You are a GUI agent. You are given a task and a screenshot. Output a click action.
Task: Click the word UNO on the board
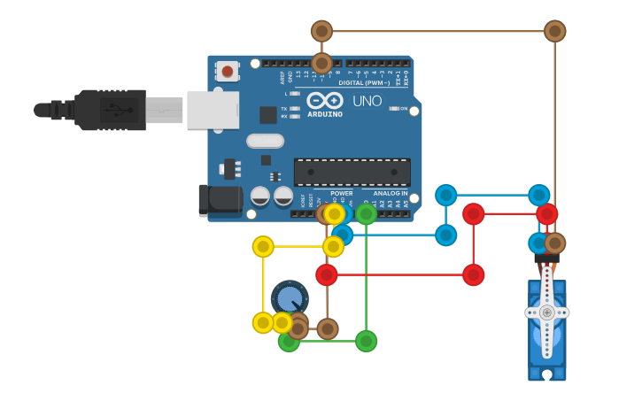(x=367, y=101)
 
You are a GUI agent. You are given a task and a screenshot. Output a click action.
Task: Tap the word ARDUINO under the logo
(x=325, y=114)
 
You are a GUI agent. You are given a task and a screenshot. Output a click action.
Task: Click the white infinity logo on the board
(x=325, y=101)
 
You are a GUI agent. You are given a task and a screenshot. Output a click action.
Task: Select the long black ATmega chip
(x=352, y=172)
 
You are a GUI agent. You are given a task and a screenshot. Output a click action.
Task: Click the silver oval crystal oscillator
(x=265, y=141)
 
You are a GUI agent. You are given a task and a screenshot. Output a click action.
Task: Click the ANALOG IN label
(x=390, y=193)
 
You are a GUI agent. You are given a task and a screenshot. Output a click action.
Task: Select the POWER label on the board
(x=341, y=193)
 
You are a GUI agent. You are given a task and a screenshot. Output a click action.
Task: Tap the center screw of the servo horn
(x=547, y=312)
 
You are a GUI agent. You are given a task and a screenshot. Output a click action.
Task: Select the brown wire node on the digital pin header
(x=321, y=63)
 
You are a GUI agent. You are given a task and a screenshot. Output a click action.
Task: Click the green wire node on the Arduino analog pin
(x=366, y=214)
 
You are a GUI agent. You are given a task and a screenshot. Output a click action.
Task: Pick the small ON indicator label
(x=404, y=109)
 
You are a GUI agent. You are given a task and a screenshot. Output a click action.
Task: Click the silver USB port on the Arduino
(x=213, y=110)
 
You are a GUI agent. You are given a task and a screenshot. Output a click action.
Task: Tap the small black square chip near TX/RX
(x=267, y=114)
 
